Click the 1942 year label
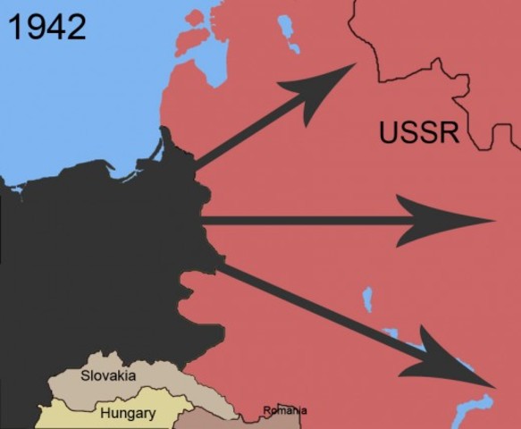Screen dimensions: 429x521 (46, 26)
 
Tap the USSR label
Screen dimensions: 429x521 (419, 132)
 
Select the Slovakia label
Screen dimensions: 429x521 (108, 375)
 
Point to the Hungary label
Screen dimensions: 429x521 (127, 414)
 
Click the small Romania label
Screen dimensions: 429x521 (284, 411)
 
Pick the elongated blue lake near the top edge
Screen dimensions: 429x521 (289, 34)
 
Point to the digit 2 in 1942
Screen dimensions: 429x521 (75, 26)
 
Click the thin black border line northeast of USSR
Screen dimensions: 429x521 (420, 67)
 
